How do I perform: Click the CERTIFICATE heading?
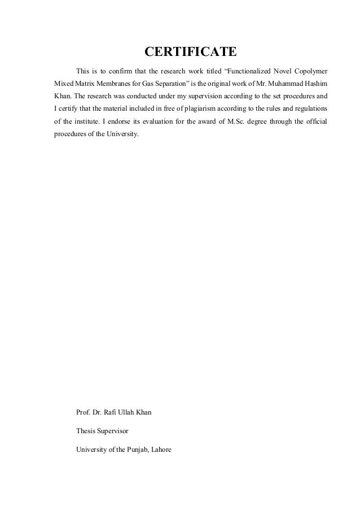pos(191,53)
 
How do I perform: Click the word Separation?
pos(161,84)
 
